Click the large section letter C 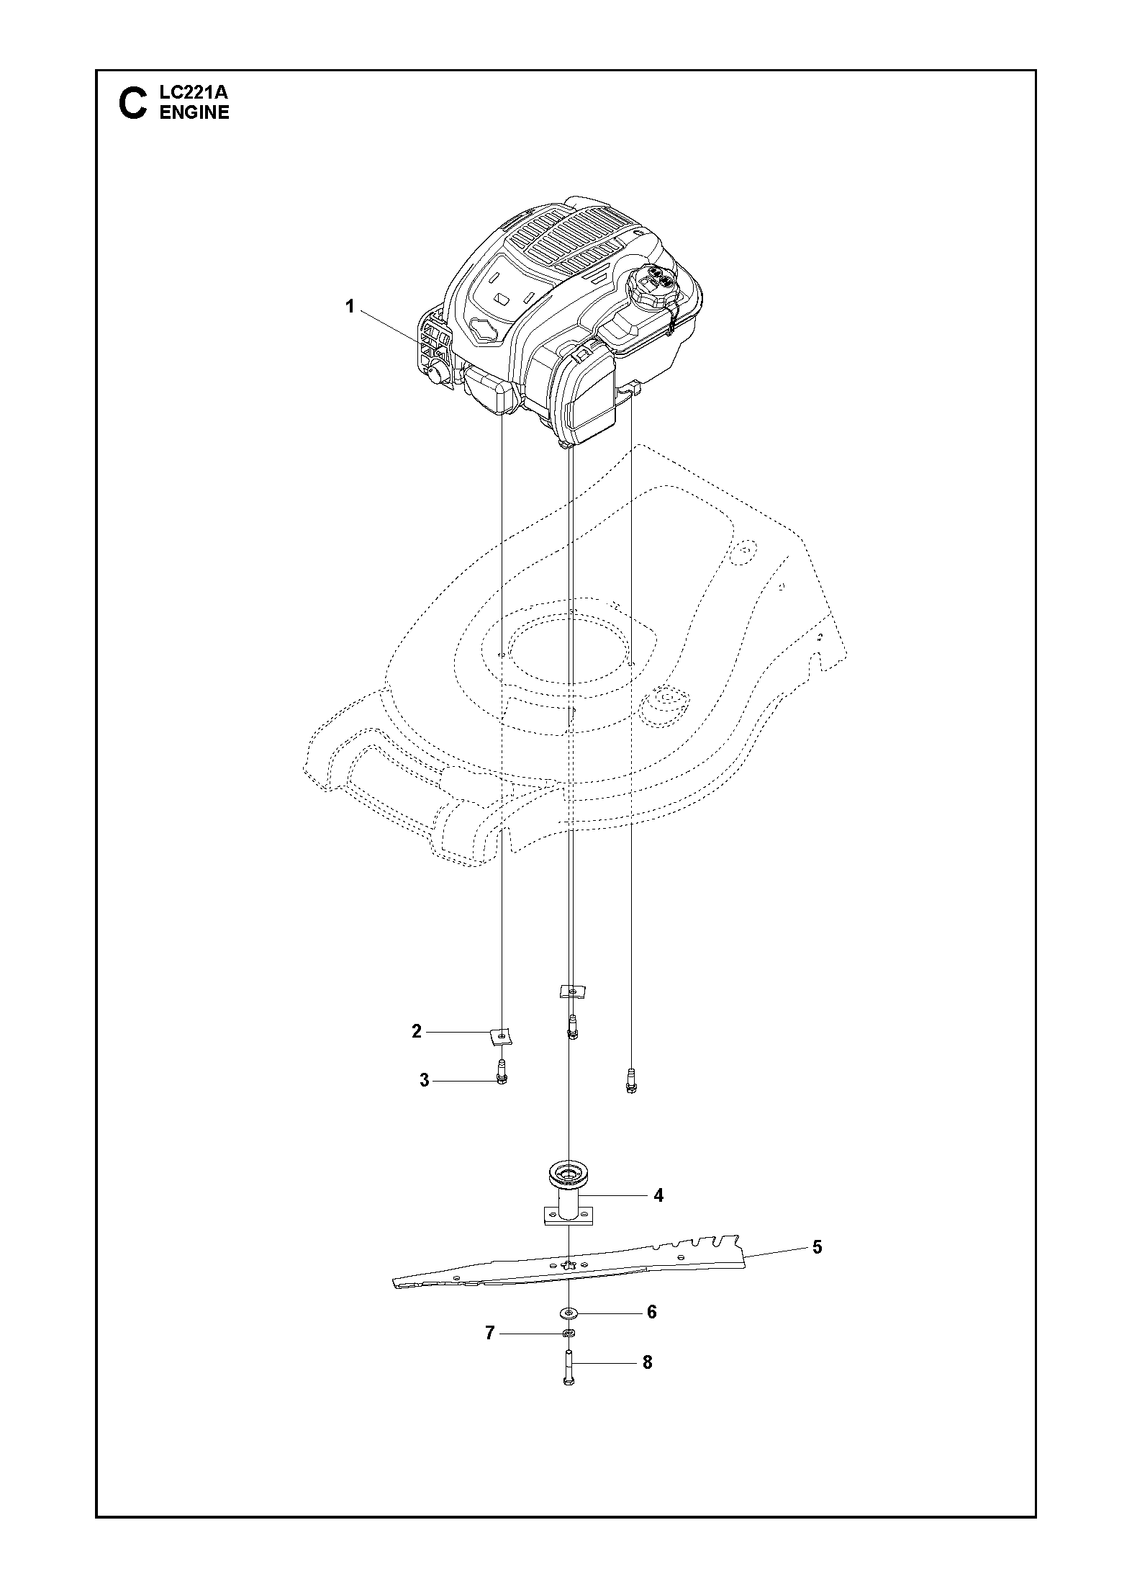pyautogui.click(x=132, y=104)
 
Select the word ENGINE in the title pyautogui.click(x=194, y=112)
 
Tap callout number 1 pyautogui.click(x=350, y=307)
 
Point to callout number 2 pyautogui.click(x=417, y=1032)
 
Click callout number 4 pyautogui.click(x=658, y=1195)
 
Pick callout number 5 pyautogui.click(x=817, y=1247)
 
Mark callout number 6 pyautogui.click(x=652, y=1312)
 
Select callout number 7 pyautogui.click(x=490, y=1334)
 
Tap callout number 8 pyautogui.click(x=647, y=1362)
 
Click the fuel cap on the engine pyautogui.click(x=655, y=286)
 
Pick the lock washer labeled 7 pyautogui.click(x=569, y=1334)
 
